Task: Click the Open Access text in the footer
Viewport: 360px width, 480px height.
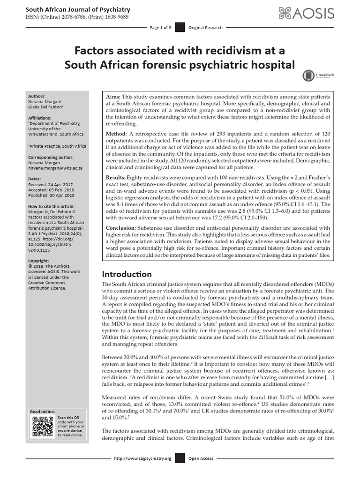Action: (x=201, y=458)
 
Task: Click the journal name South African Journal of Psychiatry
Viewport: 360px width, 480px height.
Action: (x=78, y=9)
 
